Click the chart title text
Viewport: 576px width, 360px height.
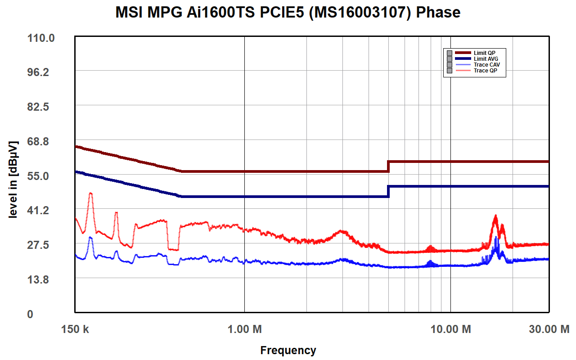point(288,12)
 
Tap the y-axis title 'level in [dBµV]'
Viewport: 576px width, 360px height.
point(13,180)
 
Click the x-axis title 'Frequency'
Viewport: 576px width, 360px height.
point(288,350)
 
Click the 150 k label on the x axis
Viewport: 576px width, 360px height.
point(75,329)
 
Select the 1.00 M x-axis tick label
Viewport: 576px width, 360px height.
point(244,329)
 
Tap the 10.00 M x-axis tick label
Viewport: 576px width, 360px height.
point(451,329)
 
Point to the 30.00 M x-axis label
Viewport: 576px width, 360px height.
point(549,329)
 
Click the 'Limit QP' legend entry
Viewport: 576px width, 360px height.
point(484,53)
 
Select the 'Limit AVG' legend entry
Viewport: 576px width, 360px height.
point(486,59)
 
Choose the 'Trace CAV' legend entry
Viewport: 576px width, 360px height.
point(486,65)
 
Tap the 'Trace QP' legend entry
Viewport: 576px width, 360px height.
point(485,71)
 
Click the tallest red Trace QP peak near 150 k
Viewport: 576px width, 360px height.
point(90,193)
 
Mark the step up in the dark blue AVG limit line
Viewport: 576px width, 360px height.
point(388,191)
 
